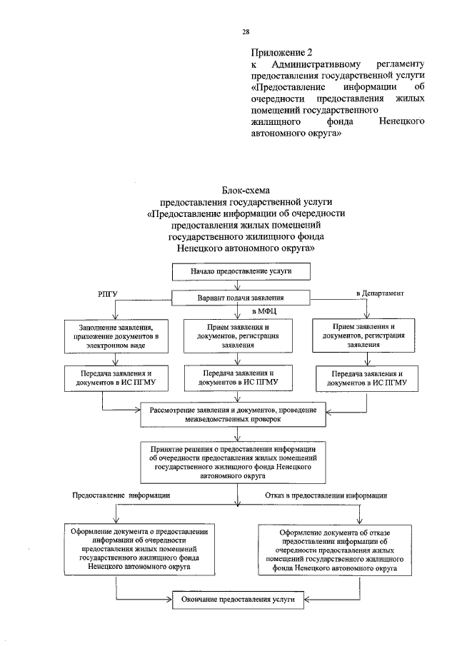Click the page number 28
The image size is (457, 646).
click(246, 33)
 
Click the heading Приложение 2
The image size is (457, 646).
click(283, 53)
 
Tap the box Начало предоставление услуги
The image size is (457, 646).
click(241, 272)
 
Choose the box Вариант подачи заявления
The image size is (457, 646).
click(241, 298)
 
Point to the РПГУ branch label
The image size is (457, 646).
click(106, 294)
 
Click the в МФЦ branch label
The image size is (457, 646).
click(263, 311)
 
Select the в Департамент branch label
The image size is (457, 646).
click(381, 293)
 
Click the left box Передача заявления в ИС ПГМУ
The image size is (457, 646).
click(114, 378)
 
